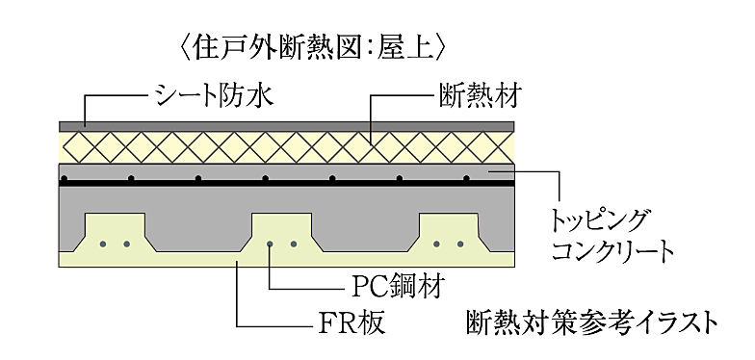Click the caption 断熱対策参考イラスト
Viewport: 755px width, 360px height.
pyautogui.click(x=590, y=321)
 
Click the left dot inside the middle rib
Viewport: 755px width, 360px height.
pyautogui.click(x=272, y=244)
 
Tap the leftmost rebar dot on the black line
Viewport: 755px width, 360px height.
pyautogui.click(x=130, y=179)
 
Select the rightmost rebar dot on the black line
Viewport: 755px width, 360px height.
pyautogui.click(x=466, y=179)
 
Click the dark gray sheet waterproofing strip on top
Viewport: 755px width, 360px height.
pyautogui.click(x=289, y=126)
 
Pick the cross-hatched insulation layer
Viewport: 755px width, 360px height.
pyautogui.click(x=289, y=147)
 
